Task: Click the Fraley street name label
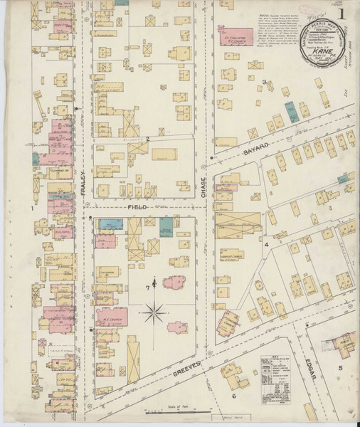pyautogui.click(x=83, y=176)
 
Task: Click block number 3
pyautogui.click(x=264, y=83)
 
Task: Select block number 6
pyautogui.click(x=233, y=396)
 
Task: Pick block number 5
pyautogui.click(x=340, y=367)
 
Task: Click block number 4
pyautogui.click(x=266, y=245)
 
